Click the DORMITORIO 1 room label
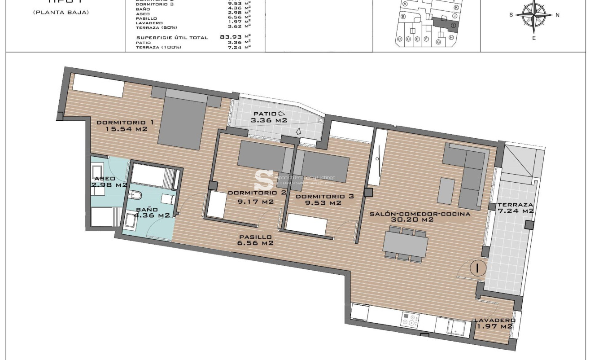coord(122,123)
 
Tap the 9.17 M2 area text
coord(255,202)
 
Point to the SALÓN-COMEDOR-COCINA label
coord(420,214)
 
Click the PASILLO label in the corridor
coord(255,237)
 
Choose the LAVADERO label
coord(494,320)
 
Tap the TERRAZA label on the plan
coord(515,204)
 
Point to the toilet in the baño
coord(135,195)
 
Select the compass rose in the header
coord(534,14)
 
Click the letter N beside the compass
coord(557,15)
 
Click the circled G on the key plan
coord(438,42)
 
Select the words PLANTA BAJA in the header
coord(61,12)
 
